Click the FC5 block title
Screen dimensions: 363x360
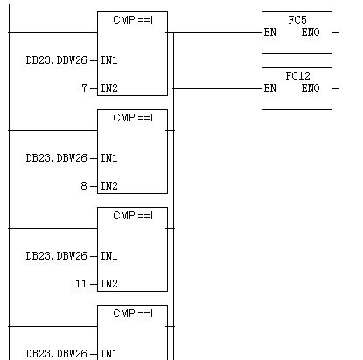297,20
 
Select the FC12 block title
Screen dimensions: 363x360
297,76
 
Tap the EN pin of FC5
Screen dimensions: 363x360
270,32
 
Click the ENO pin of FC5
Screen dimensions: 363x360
311,32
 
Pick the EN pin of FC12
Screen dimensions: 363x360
270,88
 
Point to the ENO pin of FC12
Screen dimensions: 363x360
311,88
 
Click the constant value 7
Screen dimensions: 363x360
84,87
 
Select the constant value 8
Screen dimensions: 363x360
84,185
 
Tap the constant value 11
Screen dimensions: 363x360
81,283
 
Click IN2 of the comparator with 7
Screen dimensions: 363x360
108,88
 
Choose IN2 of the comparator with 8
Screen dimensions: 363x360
108,186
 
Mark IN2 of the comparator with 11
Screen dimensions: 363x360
108,284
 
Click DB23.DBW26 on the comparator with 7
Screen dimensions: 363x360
57,60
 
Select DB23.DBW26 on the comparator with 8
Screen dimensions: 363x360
57,158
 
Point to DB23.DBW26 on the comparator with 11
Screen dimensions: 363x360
57,256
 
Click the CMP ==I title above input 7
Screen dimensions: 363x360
133,20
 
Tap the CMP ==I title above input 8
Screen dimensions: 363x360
133,118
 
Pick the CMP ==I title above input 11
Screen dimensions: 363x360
133,216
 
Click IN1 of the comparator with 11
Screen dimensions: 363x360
108,256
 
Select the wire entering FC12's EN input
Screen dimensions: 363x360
218,88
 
